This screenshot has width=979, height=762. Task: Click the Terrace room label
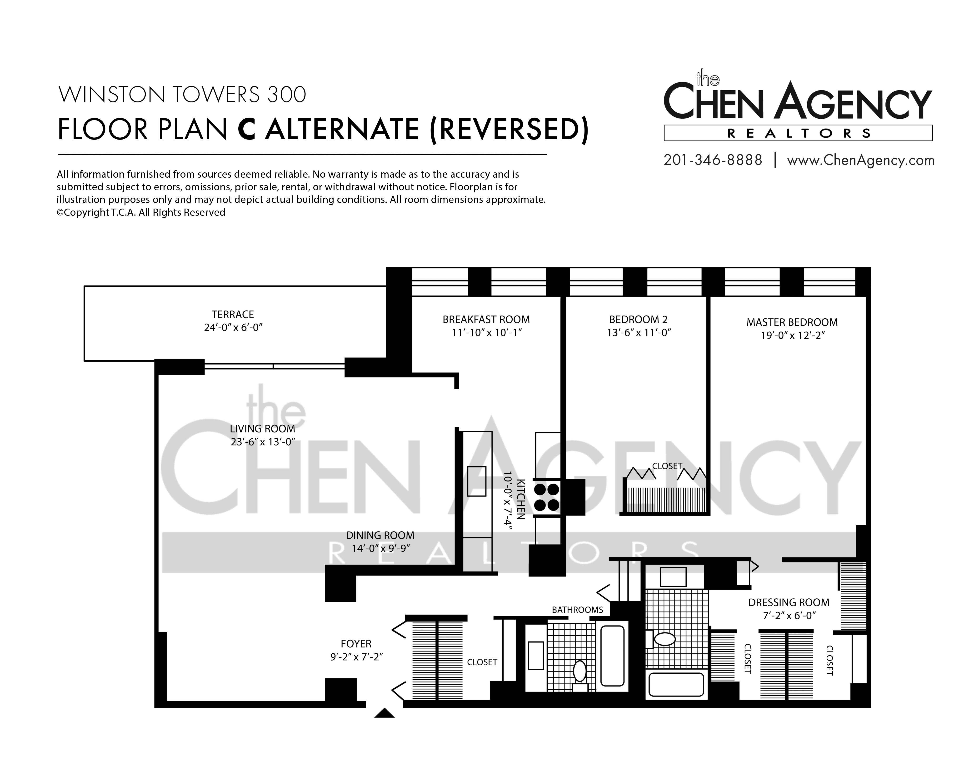click(233, 315)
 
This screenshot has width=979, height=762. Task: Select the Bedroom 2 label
click(638, 320)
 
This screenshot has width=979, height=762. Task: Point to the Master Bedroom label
click(792, 322)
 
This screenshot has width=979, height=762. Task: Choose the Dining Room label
click(380, 535)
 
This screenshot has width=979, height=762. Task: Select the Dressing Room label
click(789, 602)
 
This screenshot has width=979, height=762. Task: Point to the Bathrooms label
click(577, 610)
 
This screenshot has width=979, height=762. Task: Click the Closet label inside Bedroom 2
click(667, 466)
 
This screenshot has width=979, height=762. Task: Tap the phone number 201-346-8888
click(713, 160)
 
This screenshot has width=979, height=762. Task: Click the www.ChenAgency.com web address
click(861, 160)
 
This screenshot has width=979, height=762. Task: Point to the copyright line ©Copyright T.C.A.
click(141, 212)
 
